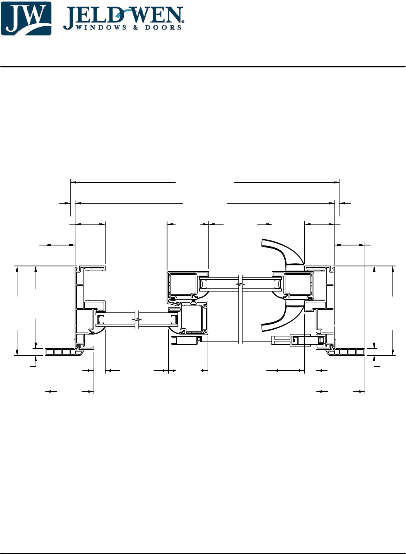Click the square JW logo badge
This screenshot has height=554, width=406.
pos(26,18)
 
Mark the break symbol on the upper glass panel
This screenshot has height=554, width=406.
pos(241,285)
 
